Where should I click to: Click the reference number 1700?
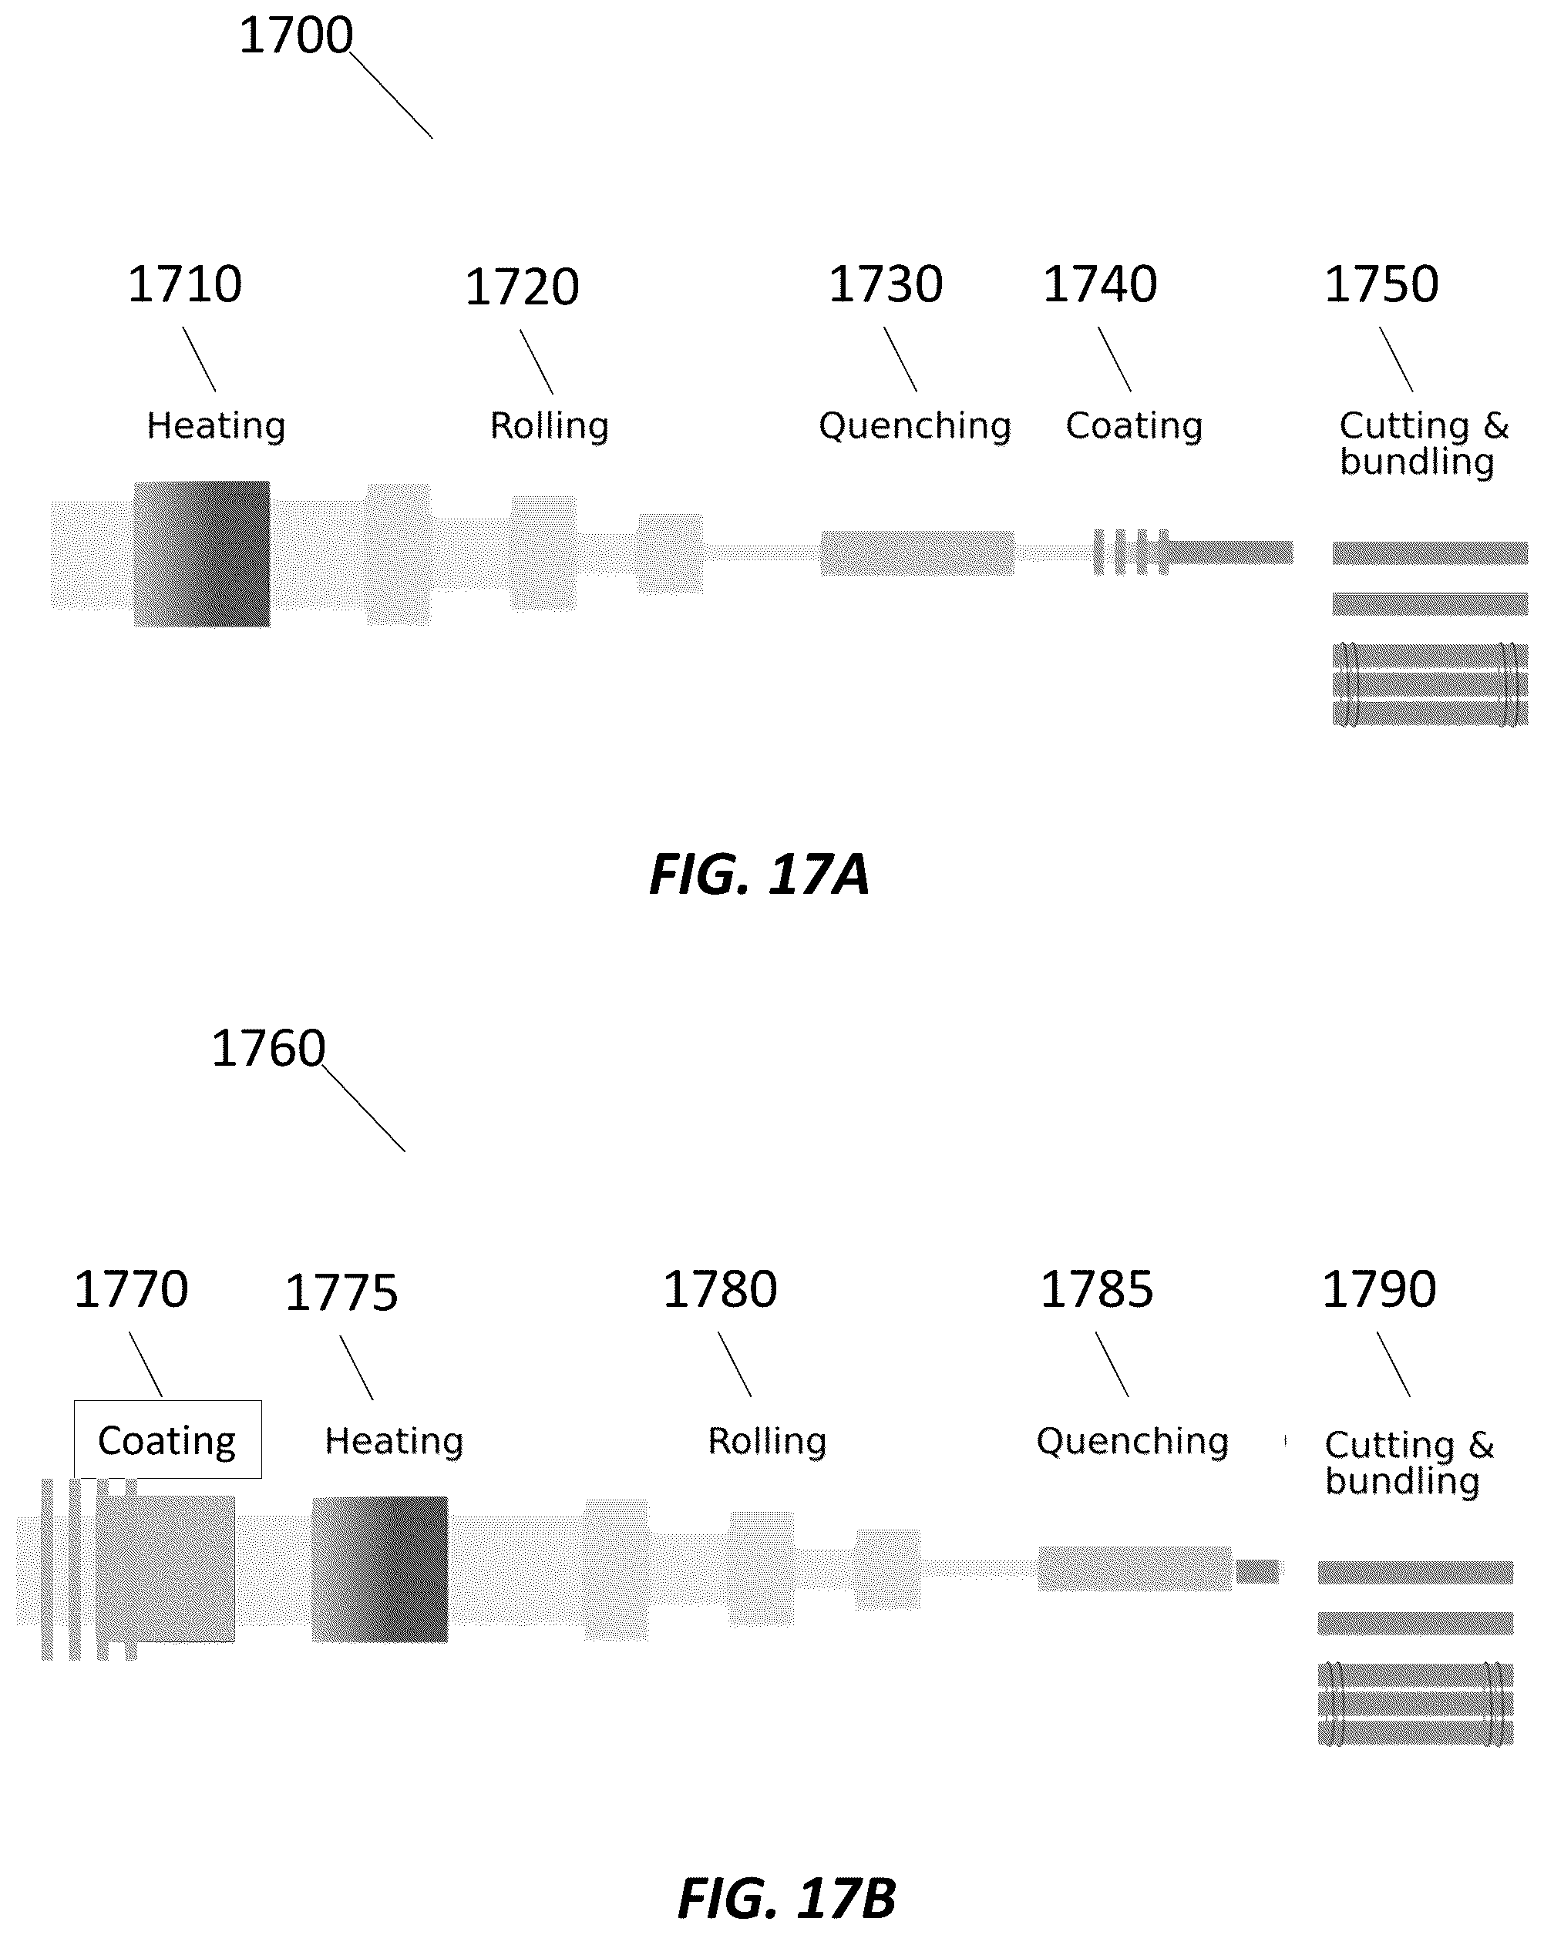(x=296, y=36)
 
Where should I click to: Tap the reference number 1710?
(x=185, y=284)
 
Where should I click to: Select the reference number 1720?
(x=522, y=287)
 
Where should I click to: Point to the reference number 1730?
(x=885, y=284)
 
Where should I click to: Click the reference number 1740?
(x=1100, y=284)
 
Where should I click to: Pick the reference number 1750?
(x=1381, y=284)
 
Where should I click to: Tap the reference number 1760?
(x=268, y=1048)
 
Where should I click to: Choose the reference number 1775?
(x=341, y=1293)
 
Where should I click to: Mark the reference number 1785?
(x=1097, y=1290)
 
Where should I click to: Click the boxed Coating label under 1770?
(x=167, y=1439)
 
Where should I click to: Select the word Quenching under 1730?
(x=915, y=425)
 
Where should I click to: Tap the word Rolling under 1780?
(x=767, y=1441)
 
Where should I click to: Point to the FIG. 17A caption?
(x=759, y=874)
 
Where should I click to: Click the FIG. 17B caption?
(x=787, y=1898)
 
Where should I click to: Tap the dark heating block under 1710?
(x=202, y=554)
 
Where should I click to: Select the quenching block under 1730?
(x=917, y=553)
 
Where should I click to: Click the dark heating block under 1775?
(x=380, y=1569)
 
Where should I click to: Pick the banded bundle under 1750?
(x=1430, y=684)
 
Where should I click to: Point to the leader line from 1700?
(x=391, y=95)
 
